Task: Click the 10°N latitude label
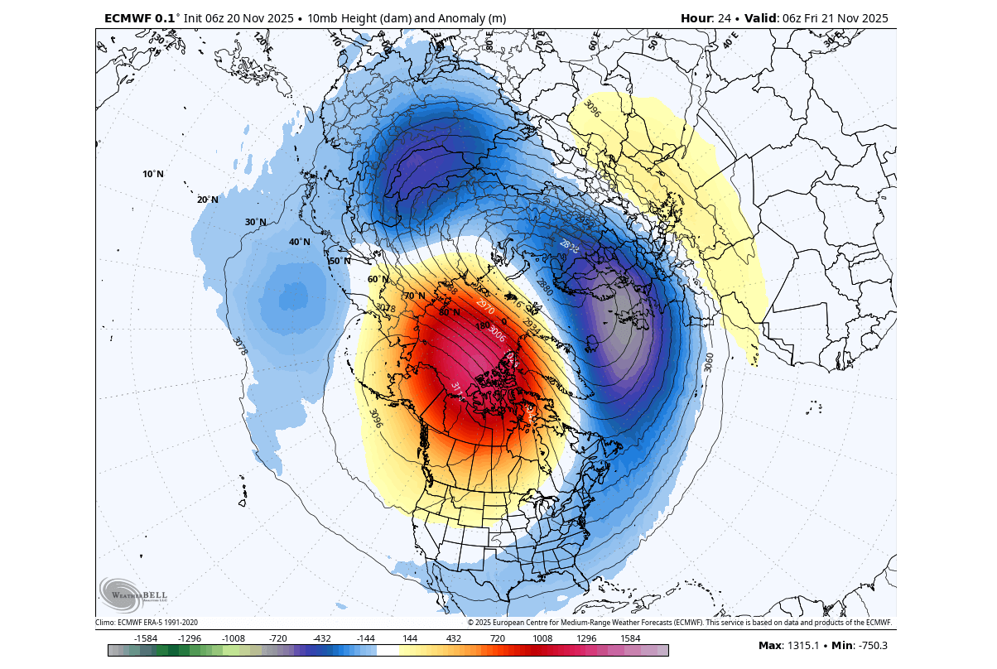click(x=153, y=174)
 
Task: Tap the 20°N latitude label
click(x=207, y=200)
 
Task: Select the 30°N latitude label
click(x=256, y=222)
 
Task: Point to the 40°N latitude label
click(x=299, y=242)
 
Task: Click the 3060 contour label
click(x=708, y=362)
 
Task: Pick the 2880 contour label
click(x=544, y=287)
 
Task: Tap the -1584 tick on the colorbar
click(x=146, y=638)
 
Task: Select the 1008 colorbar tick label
click(x=542, y=638)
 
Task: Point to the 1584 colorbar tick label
click(x=630, y=638)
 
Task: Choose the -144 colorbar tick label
click(x=365, y=638)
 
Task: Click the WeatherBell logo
click(x=133, y=594)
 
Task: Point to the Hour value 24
click(x=720, y=18)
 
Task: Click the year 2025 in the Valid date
click(x=872, y=18)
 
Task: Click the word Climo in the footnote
click(x=105, y=623)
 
